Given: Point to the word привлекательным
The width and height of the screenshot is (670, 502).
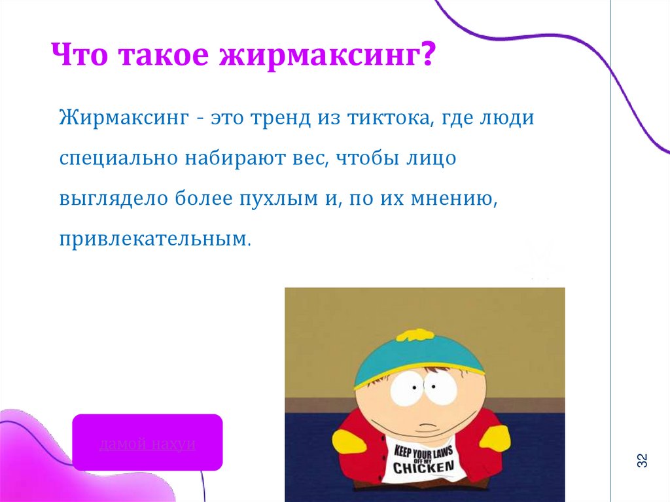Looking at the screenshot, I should tap(155, 238).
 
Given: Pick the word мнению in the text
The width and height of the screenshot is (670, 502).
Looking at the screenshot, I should tap(452, 198).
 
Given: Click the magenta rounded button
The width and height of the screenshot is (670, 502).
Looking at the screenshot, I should tap(147, 442).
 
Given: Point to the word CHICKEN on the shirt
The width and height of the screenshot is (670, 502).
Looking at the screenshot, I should tap(423, 467).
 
